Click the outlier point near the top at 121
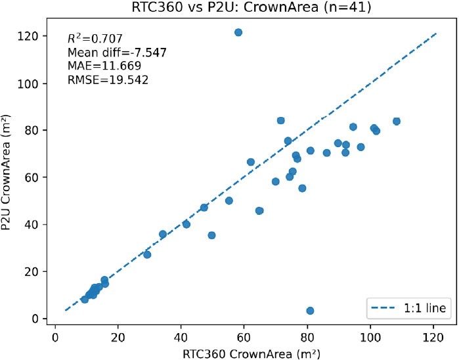[x=238, y=32]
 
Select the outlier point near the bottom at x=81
[x=310, y=311]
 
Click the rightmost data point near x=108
[x=396, y=122]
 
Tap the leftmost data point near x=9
[x=85, y=299]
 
